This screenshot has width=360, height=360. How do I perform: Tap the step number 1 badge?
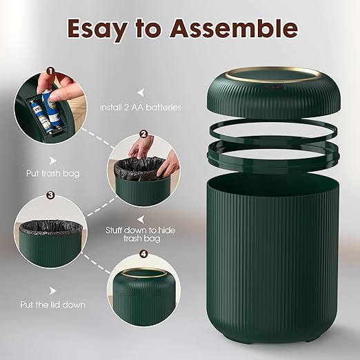click(50, 70)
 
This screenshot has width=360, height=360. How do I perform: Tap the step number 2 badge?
click(143, 134)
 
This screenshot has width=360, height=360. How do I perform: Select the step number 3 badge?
click(50, 195)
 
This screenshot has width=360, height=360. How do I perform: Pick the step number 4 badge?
click(143, 253)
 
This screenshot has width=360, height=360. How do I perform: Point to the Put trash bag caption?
click(42, 174)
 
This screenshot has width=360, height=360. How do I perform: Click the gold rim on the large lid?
click(275, 72)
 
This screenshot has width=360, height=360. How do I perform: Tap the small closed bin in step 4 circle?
click(143, 287)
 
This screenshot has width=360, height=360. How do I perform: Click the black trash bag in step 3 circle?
click(49, 227)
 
